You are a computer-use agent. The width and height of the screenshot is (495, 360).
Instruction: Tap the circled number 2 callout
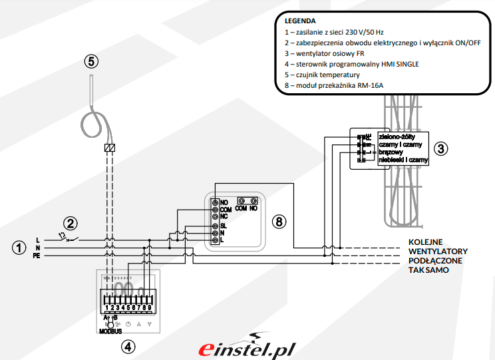(71, 223)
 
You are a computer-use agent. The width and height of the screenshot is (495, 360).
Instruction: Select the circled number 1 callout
(19, 248)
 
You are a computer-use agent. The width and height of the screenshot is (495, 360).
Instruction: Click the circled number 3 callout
(440, 148)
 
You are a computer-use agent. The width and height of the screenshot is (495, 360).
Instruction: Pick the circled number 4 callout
(128, 346)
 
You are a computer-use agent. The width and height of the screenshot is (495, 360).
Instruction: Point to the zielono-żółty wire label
(397, 136)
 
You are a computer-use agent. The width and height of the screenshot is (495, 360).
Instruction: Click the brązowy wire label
(391, 152)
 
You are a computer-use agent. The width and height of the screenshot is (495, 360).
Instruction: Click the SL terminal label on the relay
(224, 226)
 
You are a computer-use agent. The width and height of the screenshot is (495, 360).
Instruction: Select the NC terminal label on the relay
(224, 216)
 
